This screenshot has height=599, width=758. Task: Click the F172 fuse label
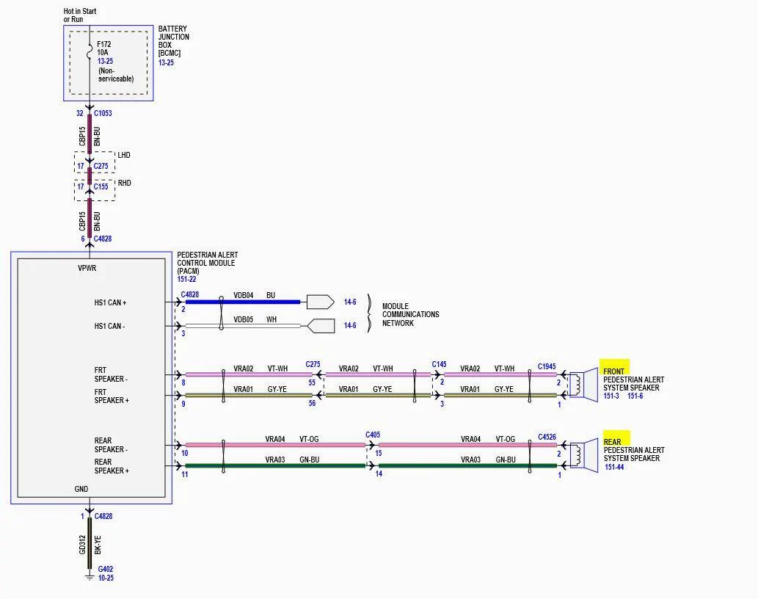point(104,44)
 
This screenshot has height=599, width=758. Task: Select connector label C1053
point(103,113)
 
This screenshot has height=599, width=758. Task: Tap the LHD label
point(124,155)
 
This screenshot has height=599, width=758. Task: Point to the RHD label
point(125,183)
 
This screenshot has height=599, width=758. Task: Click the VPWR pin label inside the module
point(87,268)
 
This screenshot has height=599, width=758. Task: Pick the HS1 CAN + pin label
point(110,302)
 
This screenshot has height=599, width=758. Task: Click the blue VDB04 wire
point(243,302)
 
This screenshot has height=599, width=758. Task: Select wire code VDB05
point(243,319)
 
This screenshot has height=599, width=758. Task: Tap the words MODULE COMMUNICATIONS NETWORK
point(410,315)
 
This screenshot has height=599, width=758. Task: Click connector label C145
point(439,364)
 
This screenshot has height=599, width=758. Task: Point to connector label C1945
point(547,366)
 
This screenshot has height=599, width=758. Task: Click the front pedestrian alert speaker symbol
point(584,385)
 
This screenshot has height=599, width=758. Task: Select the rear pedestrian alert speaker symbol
point(584,455)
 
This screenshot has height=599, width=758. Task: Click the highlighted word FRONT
point(613,371)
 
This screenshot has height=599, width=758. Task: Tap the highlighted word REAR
point(612,442)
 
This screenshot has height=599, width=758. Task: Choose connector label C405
point(373,435)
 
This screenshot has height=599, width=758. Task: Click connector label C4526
point(547,437)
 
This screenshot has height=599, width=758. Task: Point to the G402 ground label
point(106,569)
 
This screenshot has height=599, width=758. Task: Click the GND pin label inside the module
point(81,489)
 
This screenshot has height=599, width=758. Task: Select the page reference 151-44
point(614,467)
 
